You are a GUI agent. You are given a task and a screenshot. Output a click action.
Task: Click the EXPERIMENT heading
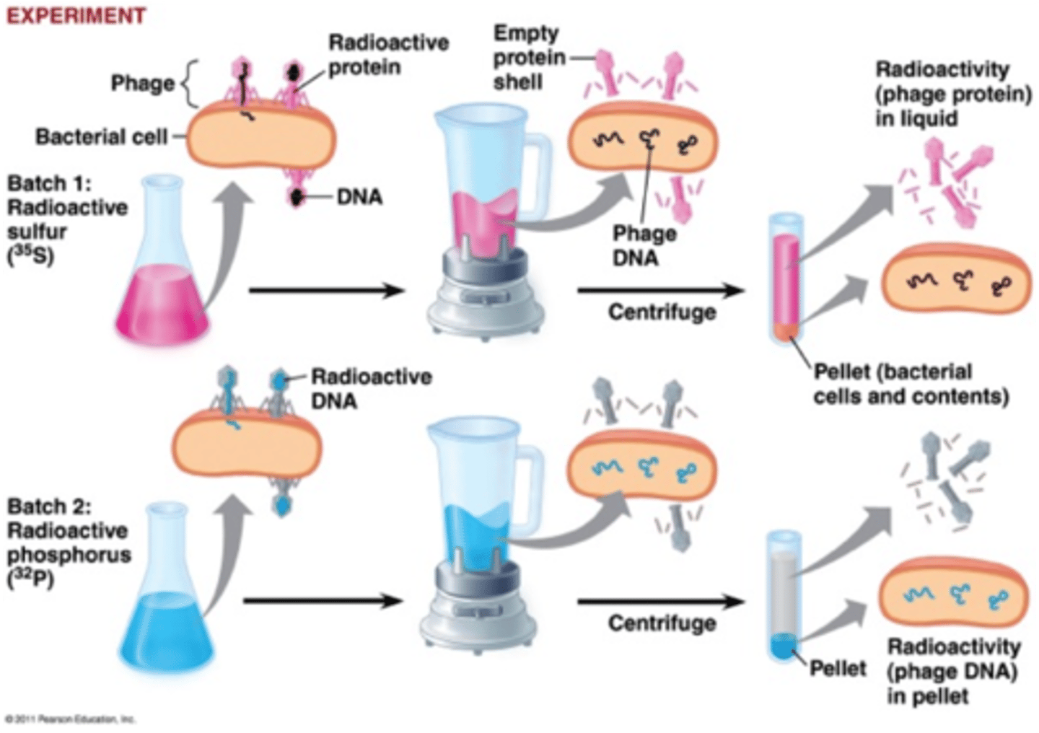click(76, 15)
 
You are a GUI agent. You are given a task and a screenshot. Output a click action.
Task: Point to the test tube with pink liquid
click(786, 278)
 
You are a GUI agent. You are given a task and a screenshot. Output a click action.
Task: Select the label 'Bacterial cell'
click(101, 136)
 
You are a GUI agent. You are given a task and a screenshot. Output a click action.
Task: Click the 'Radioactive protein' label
click(388, 55)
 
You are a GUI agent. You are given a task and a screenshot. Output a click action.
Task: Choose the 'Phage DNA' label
click(644, 245)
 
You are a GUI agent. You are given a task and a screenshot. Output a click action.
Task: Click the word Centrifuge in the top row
click(662, 312)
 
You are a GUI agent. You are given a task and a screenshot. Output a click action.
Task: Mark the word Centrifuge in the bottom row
click(662, 623)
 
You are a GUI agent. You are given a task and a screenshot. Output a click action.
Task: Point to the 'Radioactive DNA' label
click(371, 388)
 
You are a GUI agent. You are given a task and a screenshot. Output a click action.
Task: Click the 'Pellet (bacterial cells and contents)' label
click(911, 384)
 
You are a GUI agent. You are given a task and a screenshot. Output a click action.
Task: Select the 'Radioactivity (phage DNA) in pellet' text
click(953, 671)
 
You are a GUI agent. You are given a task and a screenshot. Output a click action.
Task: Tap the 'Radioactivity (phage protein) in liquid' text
click(952, 94)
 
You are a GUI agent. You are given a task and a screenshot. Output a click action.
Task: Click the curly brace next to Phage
click(189, 83)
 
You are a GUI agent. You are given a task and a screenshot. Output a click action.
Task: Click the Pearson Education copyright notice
click(70, 719)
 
